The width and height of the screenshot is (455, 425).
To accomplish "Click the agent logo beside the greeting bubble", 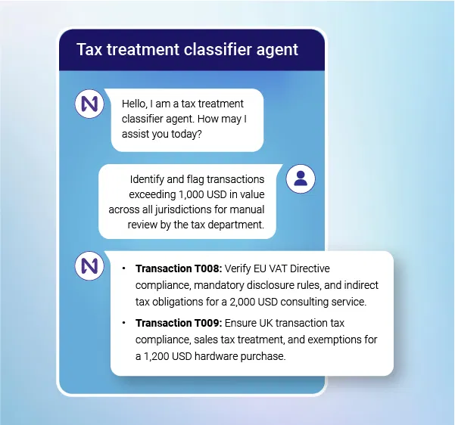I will coord(89,104).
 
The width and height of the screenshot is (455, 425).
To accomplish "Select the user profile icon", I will coord(301,178).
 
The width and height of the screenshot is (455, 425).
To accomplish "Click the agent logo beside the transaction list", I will coord(89,265).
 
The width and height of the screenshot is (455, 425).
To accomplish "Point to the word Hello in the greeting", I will coord(137,104).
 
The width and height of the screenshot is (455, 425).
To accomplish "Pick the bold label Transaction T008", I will coord(179,268).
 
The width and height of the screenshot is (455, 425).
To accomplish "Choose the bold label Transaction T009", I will coord(179,323).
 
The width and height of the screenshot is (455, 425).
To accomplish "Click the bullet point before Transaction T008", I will coord(123,268).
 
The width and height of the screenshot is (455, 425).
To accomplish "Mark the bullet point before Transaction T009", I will coord(123,323).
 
